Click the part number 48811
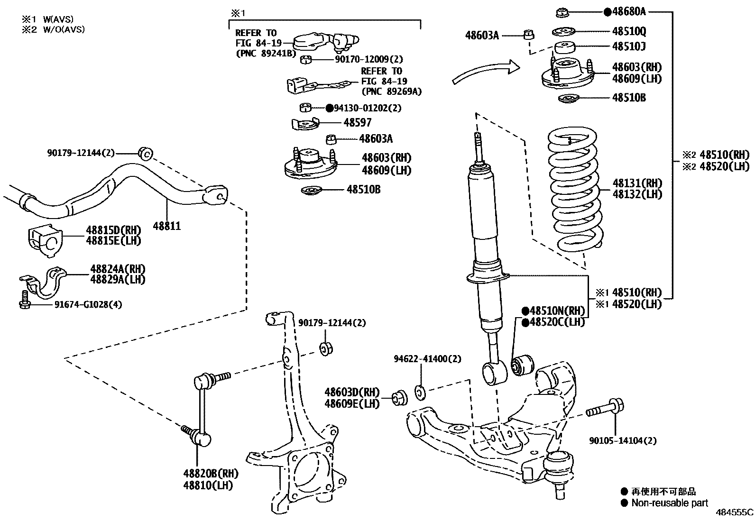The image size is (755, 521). pyautogui.click(x=167, y=226)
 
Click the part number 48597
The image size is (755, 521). pyautogui.click(x=358, y=123)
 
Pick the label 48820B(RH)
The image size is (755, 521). pyautogui.click(x=211, y=474)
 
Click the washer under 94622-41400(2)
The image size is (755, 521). pyautogui.click(x=420, y=392)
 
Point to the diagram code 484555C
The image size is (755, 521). pyautogui.click(x=734, y=513)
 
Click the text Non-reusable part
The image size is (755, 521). pyautogui.click(x=669, y=503)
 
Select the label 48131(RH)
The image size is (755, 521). pyautogui.click(x=637, y=183)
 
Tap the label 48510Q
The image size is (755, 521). pyautogui.click(x=629, y=32)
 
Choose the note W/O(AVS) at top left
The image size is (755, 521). pyautogui.click(x=64, y=29)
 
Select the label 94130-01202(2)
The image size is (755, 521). pyautogui.click(x=368, y=108)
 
